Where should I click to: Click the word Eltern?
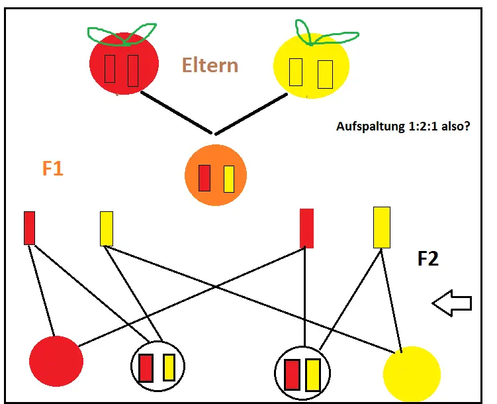coord(209,66)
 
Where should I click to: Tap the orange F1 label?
coord(53,169)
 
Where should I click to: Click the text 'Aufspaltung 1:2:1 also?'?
coord(403,126)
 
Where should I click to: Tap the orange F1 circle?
coord(215,176)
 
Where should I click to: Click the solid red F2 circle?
coord(56,362)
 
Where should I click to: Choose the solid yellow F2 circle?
coord(412,374)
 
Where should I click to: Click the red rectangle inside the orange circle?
coord(204,177)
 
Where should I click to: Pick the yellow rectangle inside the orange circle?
coord(229,178)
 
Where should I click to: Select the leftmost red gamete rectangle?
coord(29,228)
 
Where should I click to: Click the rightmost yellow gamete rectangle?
coord(382,227)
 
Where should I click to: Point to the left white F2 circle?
coord(158,367)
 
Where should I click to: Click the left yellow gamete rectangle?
coord(106,228)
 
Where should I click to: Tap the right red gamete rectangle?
coord(306,228)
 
